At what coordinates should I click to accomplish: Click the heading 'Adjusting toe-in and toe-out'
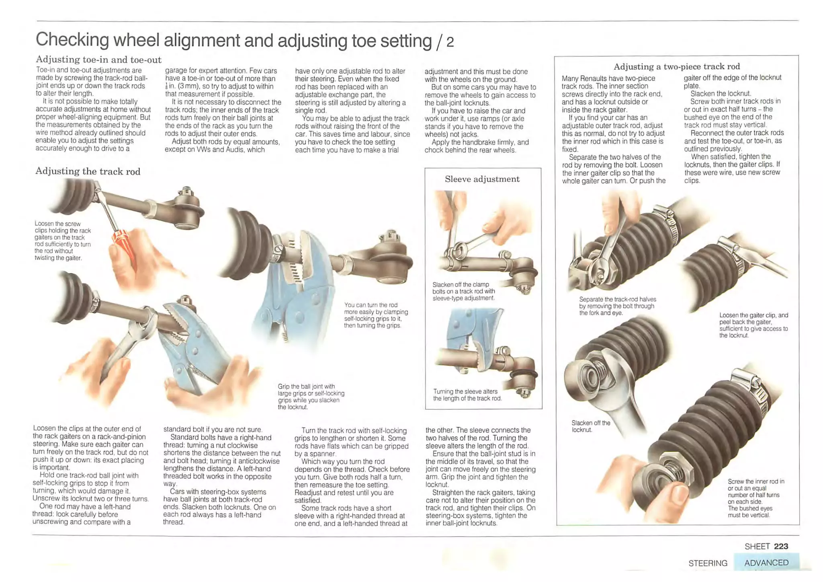click(98, 60)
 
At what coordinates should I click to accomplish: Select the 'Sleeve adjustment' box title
click(482, 179)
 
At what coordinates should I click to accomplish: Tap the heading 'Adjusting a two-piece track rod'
click(676, 66)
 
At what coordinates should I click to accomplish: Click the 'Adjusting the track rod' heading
click(88, 171)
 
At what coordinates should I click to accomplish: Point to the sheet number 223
click(781, 546)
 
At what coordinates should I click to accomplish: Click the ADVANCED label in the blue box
click(766, 563)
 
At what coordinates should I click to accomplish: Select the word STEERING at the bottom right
click(708, 563)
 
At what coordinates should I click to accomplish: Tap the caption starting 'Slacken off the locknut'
click(590, 426)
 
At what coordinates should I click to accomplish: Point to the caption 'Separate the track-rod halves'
click(617, 306)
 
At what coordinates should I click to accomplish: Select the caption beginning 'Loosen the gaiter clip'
click(753, 325)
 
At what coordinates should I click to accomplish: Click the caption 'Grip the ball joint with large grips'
click(311, 397)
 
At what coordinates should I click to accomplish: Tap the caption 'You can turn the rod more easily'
click(375, 315)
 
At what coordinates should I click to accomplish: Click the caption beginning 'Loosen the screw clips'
click(62, 241)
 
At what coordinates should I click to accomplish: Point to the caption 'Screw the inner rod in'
click(755, 498)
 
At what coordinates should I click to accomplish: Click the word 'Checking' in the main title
click(72, 40)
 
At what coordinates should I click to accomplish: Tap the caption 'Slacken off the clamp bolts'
click(463, 291)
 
